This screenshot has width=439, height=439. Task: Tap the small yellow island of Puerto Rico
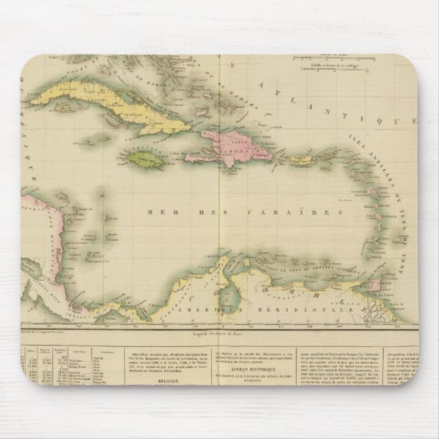pos(301,161)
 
